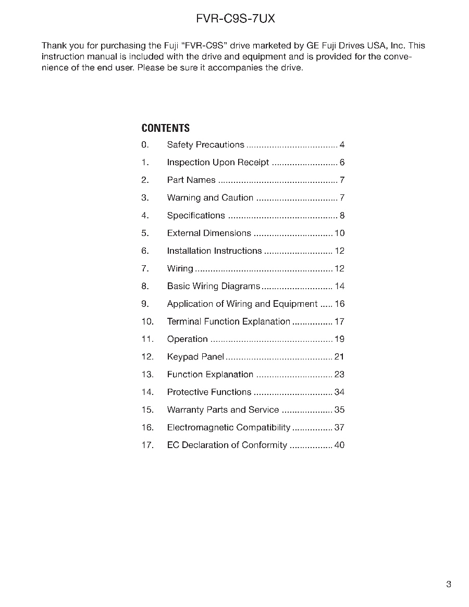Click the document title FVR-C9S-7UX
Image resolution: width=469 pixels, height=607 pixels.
pos(235,19)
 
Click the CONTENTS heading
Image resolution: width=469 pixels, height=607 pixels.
pos(165,128)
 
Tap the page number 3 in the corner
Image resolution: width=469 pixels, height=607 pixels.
pos(449,584)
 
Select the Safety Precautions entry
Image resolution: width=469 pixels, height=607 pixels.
pos(205,145)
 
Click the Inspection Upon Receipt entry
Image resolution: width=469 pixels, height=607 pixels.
pos(218,163)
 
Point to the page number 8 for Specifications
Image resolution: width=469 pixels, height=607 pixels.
pos(342,216)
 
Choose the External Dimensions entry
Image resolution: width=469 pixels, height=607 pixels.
pos(209,233)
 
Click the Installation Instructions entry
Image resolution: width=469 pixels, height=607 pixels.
pos(214,251)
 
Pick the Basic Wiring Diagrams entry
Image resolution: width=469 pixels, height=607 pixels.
pos(213,287)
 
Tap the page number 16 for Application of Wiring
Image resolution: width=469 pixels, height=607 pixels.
pos(339,304)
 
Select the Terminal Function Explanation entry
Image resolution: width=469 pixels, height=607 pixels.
pos(228,322)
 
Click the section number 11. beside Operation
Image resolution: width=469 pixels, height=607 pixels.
pos(147,340)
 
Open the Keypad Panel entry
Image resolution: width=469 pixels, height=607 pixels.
pos(195,357)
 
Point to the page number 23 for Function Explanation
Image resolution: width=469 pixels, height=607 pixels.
pos(339,375)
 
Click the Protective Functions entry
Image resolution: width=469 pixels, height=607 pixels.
pos(209,392)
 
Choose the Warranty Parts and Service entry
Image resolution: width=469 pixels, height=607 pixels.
pos(223,410)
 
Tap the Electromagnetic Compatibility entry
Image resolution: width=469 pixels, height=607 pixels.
pos(228,428)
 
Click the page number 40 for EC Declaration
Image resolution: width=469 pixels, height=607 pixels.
pos(339,445)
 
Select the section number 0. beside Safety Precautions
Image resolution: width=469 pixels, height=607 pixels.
pos(145,145)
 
